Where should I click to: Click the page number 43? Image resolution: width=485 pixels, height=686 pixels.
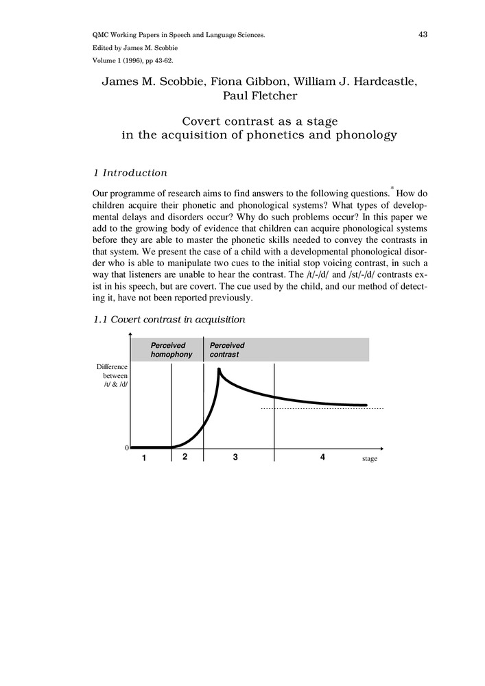coord(423,34)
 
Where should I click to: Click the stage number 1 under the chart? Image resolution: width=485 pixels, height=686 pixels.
coord(145,459)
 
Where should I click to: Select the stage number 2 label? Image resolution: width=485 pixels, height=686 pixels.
coord(185,457)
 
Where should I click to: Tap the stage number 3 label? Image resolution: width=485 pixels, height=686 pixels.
coord(235,458)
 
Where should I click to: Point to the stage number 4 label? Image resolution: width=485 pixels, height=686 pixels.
coord(322,458)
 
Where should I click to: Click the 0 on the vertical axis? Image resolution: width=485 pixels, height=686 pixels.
coord(126,448)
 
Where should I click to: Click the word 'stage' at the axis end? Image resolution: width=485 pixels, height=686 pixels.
coord(370,458)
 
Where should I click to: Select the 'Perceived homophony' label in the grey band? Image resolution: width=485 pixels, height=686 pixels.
coord(171,350)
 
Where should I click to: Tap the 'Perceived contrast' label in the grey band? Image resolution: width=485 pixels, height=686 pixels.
coord(227,350)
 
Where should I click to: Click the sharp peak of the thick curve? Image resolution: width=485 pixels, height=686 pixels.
coord(219,370)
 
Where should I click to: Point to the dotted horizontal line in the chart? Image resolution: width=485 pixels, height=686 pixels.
coord(322,409)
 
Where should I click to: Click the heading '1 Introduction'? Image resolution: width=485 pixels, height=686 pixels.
coord(130,173)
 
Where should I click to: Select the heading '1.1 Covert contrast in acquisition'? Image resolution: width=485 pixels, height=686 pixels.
coord(169,320)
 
